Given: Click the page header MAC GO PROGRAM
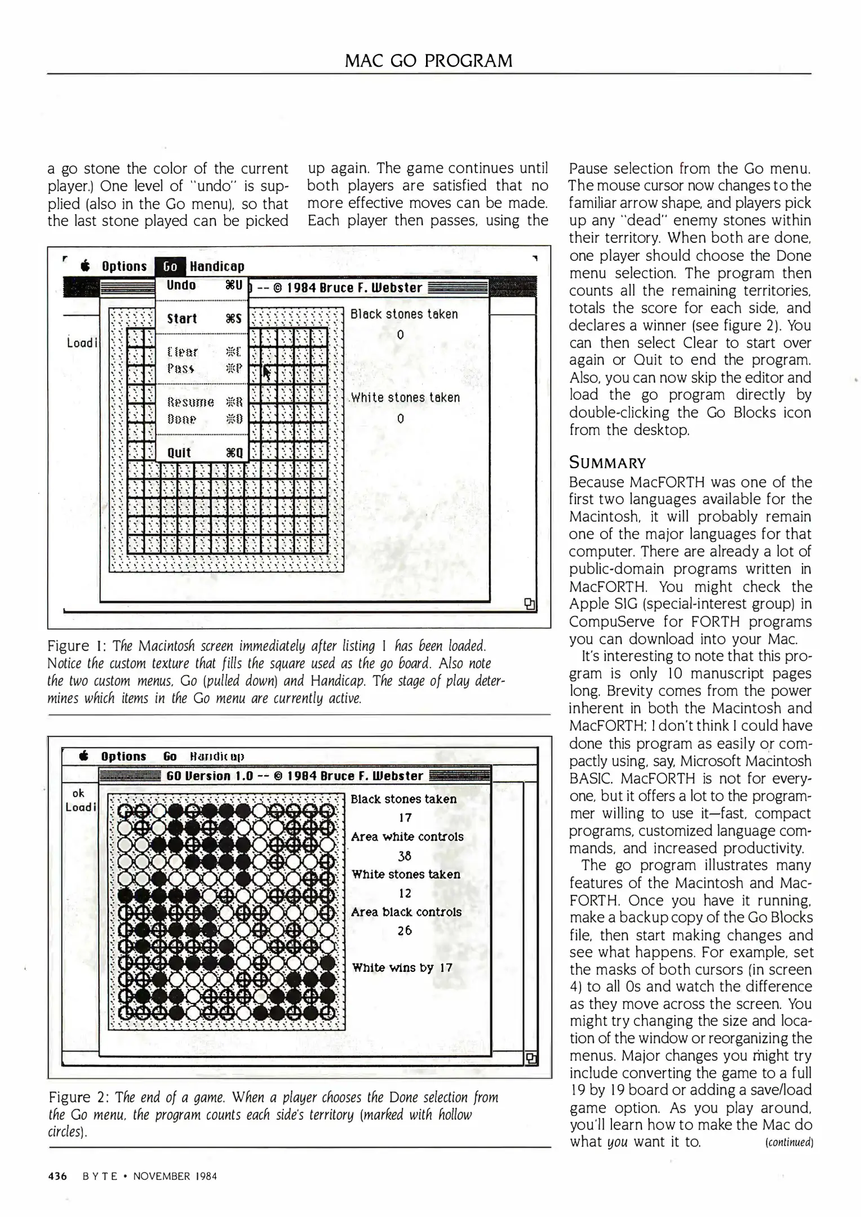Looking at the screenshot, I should [x=428, y=60].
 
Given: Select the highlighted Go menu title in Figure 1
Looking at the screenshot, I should [x=170, y=267].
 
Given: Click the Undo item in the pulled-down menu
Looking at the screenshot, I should [x=181, y=285].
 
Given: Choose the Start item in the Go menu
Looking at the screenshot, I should [x=182, y=319].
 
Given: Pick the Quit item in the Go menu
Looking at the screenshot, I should [x=179, y=452].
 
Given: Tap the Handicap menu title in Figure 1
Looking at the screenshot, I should [x=217, y=267].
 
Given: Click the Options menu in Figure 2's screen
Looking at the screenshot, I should [x=123, y=756].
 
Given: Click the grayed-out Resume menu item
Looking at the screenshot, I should [x=190, y=402].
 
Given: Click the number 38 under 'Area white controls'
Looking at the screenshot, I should [x=405, y=856].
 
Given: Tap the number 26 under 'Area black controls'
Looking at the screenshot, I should [x=405, y=931].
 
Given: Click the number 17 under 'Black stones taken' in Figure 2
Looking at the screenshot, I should [x=405, y=818].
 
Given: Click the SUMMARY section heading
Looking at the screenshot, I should [x=607, y=463].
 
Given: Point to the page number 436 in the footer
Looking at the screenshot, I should [x=58, y=1176].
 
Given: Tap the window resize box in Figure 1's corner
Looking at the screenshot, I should [x=529, y=604].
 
